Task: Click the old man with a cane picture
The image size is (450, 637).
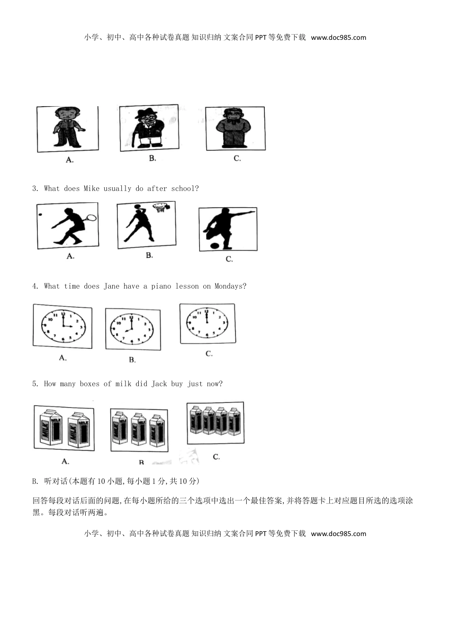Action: coord(149,128)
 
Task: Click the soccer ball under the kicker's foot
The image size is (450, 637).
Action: coord(214,246)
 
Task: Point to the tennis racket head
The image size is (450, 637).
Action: coord(91,218)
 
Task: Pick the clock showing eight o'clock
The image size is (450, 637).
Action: coord(132,329)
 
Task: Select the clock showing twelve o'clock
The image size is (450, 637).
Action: coord(207,323)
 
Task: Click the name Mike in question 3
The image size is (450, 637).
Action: coord(91,189)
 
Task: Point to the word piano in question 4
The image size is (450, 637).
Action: coord(161,286)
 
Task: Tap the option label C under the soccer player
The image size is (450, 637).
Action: coord(229,259)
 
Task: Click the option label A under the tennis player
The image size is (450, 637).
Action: coord(71,256)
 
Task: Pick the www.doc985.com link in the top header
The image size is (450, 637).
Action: coord(338,38)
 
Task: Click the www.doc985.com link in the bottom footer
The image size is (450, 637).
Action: coord(338,534)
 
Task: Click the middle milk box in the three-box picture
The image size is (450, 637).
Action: coord(138,429)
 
